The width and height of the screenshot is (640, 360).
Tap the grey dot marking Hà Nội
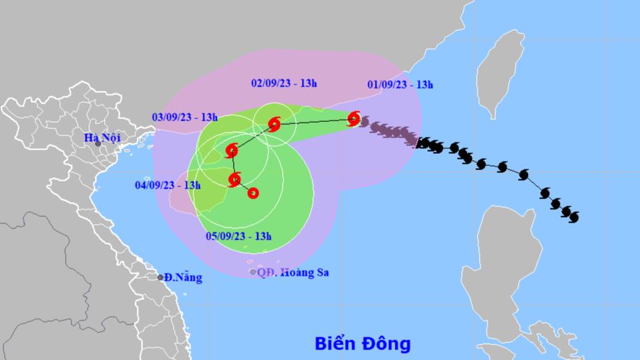(x=98, y=144)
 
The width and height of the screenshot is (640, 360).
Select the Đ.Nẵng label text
(x=182, y=278)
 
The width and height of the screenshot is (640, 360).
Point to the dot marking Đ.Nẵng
(x=161, y=277)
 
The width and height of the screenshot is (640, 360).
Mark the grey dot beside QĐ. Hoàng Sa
(x=253, y=271)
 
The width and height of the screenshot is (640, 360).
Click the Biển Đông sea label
(x=363, y=344)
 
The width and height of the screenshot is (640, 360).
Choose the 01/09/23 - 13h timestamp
(x=400, y=84)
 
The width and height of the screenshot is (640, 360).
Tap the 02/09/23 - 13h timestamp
(x=283, y=83)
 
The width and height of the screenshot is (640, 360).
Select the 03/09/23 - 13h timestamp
(x=184, y=117)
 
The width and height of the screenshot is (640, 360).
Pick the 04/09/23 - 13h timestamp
(x=167, y=186)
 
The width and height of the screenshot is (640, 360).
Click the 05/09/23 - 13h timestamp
(x=238, y=236)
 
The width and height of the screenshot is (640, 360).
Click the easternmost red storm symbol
(x=354, y=119)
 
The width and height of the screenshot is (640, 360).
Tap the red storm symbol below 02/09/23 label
(x=274, y=125)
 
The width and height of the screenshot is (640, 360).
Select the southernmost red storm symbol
(x=252, y=193)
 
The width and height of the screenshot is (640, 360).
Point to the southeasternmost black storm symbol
(x=573, y=215)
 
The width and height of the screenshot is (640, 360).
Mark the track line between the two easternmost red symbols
(x=314, y=122)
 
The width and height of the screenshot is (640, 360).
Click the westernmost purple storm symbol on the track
(x=364, y=123)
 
